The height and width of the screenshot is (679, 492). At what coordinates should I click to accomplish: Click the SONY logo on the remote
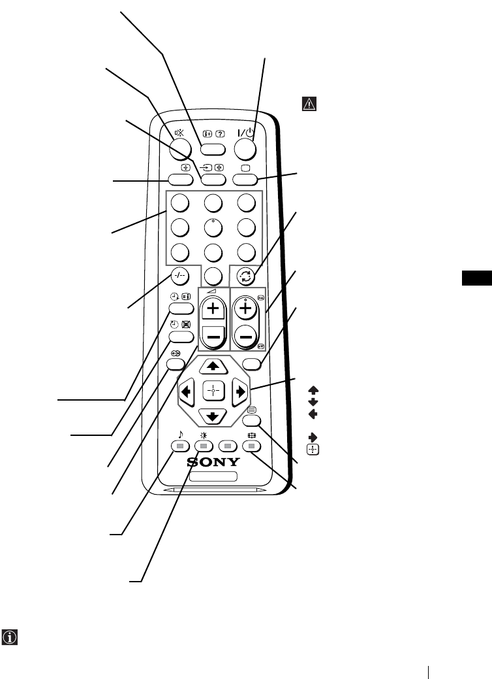point(213,462)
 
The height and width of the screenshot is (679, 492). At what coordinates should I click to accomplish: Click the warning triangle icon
point(308,103)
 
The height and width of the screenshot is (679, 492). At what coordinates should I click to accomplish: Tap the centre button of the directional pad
point(213,391)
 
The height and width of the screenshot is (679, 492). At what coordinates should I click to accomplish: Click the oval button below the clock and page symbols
point(181,310)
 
